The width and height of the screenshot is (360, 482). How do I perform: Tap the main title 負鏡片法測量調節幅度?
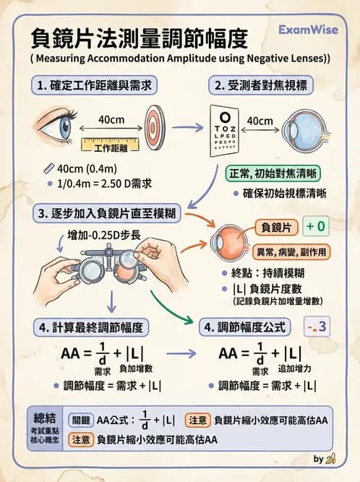tap(140, 37)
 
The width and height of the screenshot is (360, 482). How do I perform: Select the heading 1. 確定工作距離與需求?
tap(95, 85)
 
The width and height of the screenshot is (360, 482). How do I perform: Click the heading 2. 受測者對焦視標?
tap(267, 85)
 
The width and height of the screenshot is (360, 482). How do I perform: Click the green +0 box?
tap(315, 227)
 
